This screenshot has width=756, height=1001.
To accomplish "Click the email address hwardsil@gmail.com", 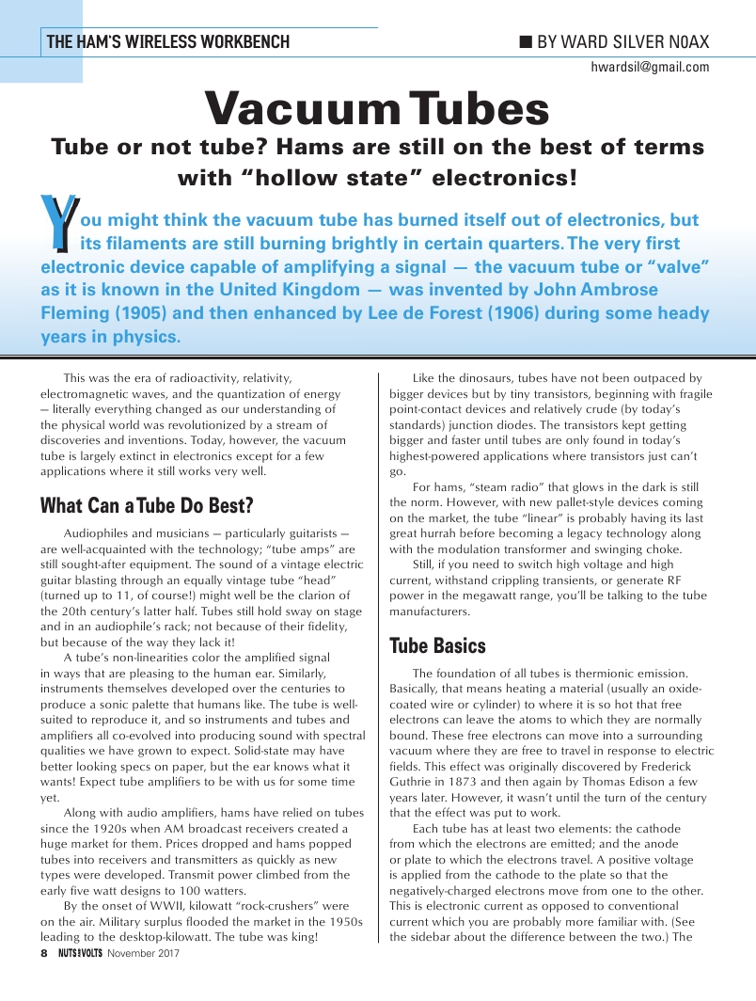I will coord(650,67).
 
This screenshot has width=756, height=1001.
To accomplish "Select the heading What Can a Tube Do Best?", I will coord(147,505).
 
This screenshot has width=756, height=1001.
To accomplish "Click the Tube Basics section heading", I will coord(437,645).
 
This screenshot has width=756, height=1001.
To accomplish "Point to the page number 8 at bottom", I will coord(43,953).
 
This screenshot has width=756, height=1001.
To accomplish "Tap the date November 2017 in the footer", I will coord(143,953).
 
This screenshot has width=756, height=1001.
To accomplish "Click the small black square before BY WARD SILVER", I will coord(526,41).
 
